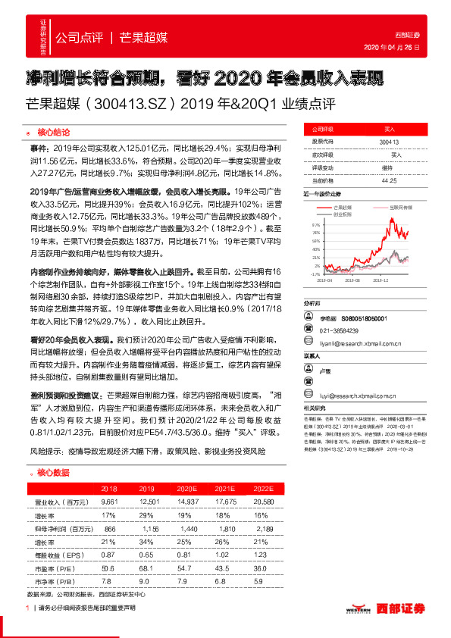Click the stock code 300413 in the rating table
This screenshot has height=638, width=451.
tap(390, 142)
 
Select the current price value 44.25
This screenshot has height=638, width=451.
tap(390, 181)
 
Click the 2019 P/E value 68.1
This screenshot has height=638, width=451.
tap(149, 567)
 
